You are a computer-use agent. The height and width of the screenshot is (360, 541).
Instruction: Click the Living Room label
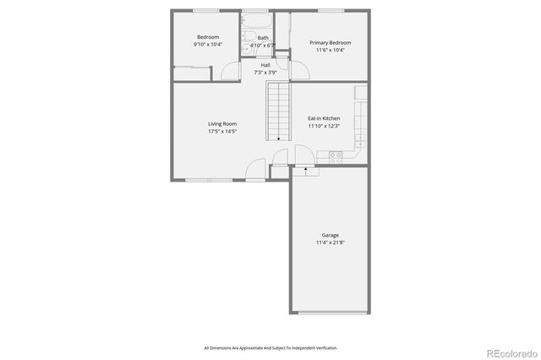tap(222, 124)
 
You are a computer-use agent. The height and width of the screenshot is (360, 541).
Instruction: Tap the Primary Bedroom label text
tap(330, 42)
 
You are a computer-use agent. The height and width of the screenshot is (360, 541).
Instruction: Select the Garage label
tap(331, 235)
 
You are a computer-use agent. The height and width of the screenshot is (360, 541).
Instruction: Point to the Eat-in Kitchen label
tap(324, 118)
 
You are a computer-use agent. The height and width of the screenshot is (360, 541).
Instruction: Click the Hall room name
tap(265, 65)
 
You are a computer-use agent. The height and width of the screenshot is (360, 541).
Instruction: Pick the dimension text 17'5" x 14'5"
tap(222, 132)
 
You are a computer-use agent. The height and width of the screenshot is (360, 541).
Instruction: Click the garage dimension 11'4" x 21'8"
tap(331, 243)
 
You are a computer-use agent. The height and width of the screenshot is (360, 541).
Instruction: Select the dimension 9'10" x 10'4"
tap(208, 45)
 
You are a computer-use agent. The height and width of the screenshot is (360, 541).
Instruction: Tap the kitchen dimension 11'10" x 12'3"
tap(324, 126)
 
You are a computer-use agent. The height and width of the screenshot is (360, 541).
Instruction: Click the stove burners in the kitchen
tap(336, 155)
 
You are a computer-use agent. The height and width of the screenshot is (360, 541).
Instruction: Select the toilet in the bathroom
tap(246, 49)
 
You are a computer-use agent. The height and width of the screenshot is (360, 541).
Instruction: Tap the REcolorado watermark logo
tap(508, 352)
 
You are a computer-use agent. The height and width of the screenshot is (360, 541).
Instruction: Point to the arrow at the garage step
tap(304, 172)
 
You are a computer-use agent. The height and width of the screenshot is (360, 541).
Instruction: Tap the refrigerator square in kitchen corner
tap(361, 90)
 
